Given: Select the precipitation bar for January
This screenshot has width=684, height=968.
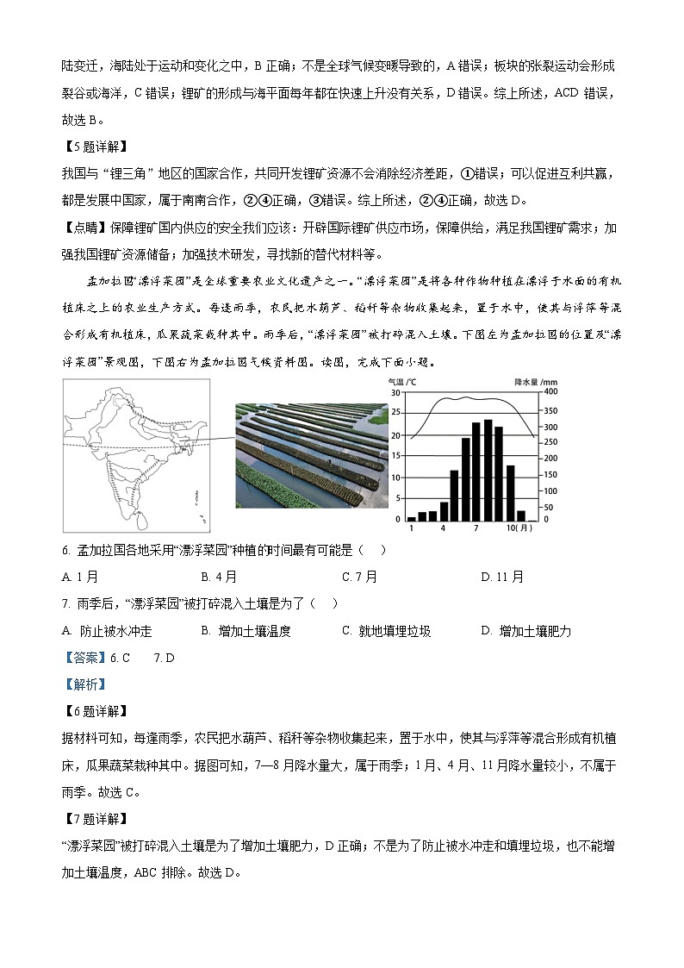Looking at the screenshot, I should pos(412,518).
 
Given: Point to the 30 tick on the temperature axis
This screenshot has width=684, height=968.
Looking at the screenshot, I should pos(395,393).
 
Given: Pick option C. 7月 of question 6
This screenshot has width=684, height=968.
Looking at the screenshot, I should pos(360,577).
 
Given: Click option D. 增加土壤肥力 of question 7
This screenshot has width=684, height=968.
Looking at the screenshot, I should pos(526,631).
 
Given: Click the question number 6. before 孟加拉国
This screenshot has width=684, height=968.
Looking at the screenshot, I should pos(67,551).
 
